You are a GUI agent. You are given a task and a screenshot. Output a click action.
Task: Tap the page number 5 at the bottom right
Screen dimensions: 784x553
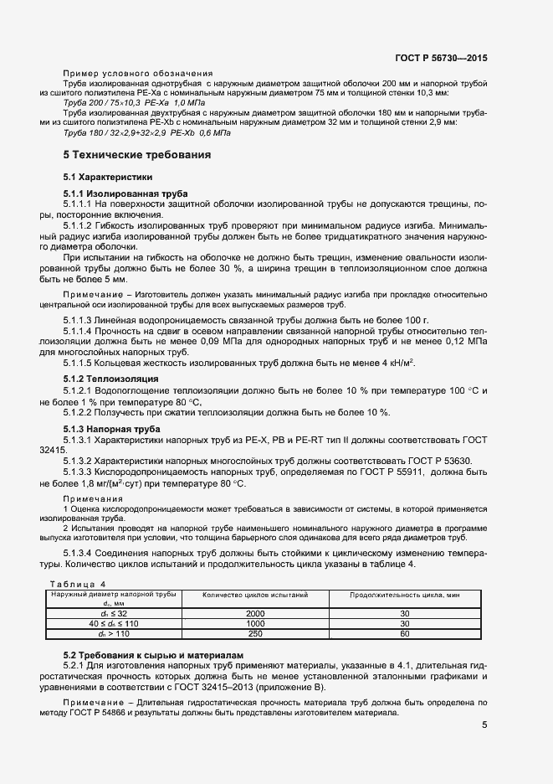coord(484,725)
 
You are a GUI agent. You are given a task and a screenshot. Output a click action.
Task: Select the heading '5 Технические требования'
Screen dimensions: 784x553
coord(137,155)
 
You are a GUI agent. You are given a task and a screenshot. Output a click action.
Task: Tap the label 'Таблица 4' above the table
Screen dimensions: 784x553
coord(79,583)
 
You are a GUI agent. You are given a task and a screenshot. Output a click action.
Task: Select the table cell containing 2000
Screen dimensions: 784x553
coord(255,613)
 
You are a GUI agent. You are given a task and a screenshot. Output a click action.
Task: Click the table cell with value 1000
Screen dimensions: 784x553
coord(255,623)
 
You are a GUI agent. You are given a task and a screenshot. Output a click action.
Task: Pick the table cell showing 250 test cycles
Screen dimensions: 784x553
coord(255,633)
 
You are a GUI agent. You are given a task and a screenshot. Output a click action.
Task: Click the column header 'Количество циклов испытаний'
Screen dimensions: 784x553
coord(255,594)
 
